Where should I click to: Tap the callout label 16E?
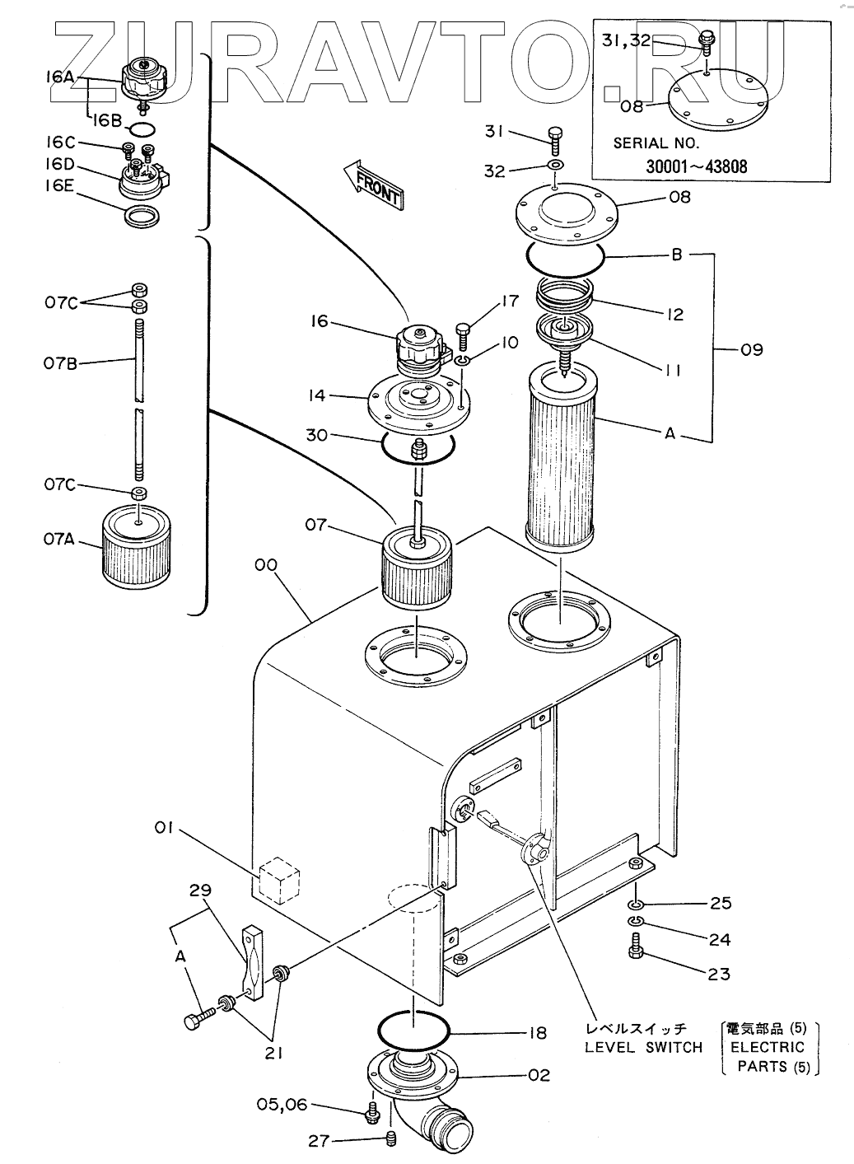click(59, 186)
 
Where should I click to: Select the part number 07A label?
click(58, 540)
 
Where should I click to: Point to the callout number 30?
click(316, 435)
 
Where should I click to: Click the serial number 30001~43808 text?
click(697, 166)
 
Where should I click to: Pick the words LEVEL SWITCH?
click(644, 1047)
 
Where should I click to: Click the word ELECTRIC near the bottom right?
click(768, 1047)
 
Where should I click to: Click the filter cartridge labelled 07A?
click(137, 547)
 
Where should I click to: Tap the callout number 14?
click(316, 396)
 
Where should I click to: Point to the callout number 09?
click(752, 350)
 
